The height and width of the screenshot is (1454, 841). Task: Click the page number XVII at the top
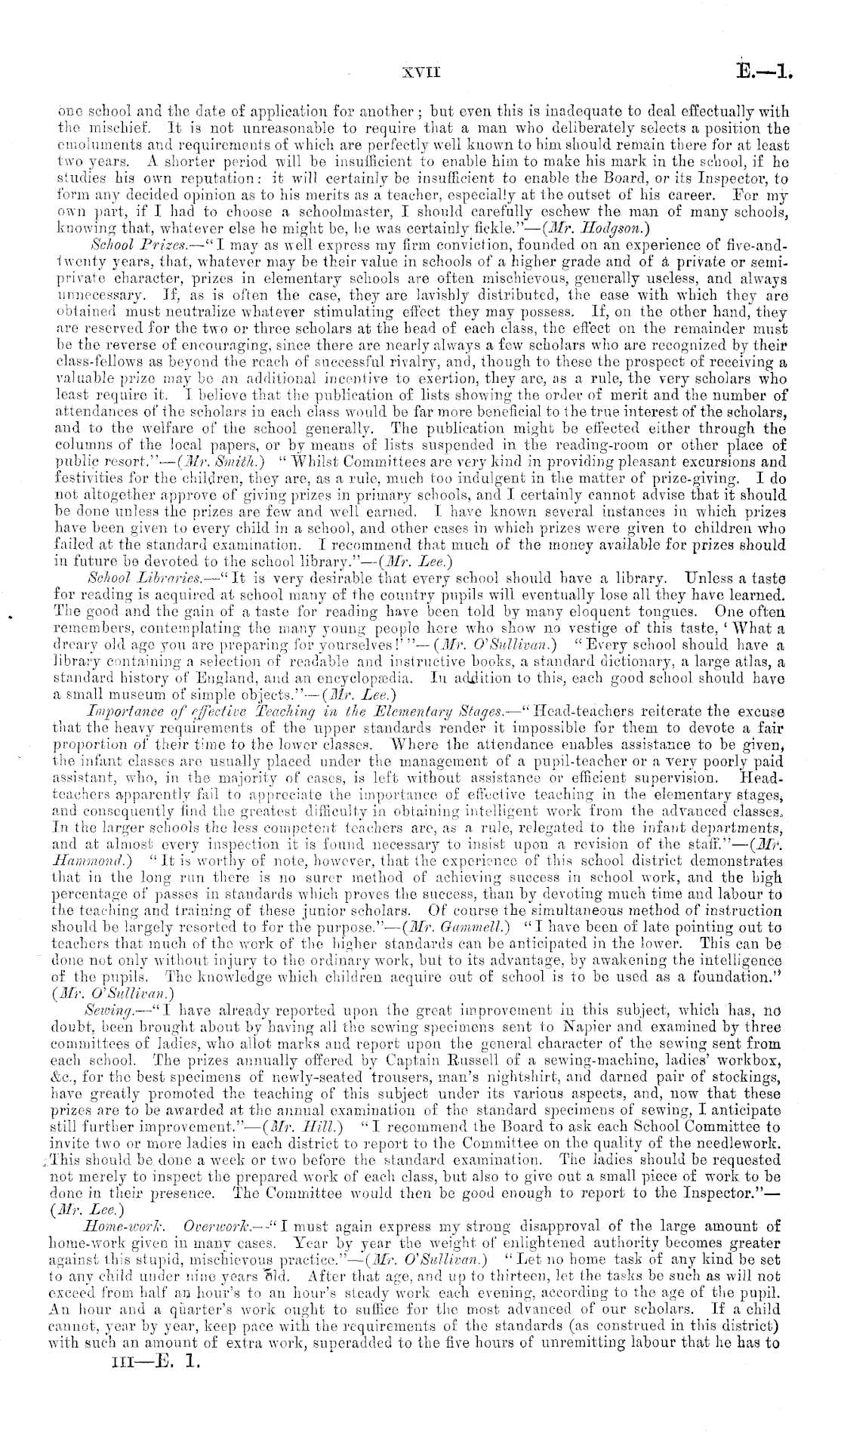pyautogui.click(x=421, y=74)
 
